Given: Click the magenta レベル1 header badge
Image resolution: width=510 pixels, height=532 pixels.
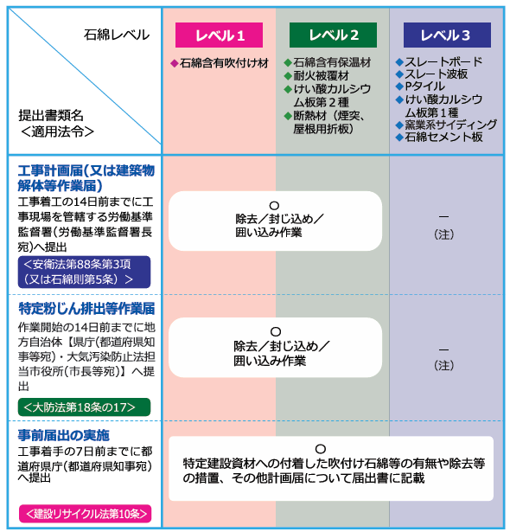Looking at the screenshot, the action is coord(219,35).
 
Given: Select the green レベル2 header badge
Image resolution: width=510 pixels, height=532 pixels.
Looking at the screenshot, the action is coord(333,35).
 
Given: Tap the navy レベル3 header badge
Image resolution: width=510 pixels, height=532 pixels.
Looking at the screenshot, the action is coord(447,35).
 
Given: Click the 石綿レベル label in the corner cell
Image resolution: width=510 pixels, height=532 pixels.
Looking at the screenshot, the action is coord(117,35).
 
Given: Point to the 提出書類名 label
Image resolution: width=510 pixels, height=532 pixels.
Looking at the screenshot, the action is coord(51,115).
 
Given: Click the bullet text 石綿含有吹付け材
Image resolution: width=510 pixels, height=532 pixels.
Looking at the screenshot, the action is coord(224,63).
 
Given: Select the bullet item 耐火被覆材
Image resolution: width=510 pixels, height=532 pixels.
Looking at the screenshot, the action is coord(321,75).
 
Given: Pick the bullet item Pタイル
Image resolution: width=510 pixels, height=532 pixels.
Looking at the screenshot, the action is coord(424,87).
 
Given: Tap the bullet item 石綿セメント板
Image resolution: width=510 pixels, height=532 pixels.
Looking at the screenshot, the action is coord(443,137).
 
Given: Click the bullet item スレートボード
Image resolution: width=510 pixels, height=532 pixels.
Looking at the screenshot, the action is coord(443,61).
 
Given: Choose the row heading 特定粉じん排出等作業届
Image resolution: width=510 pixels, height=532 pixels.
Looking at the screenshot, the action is coord(86,309).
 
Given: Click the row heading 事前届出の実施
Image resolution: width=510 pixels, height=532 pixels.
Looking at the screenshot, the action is coord(64,435).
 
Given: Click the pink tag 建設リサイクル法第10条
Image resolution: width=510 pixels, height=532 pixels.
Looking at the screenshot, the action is coord(85,514).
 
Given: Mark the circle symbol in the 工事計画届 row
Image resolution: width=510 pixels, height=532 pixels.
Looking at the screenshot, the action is coord(274,206).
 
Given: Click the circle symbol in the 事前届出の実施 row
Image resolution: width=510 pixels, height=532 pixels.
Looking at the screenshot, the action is coord(321,449).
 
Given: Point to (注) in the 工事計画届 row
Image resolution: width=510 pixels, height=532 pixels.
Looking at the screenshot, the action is coord(444,234).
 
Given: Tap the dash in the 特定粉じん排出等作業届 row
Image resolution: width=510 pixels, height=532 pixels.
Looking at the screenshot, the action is coord(444,349).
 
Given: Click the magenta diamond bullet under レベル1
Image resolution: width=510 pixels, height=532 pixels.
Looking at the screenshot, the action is coord(175,63).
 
